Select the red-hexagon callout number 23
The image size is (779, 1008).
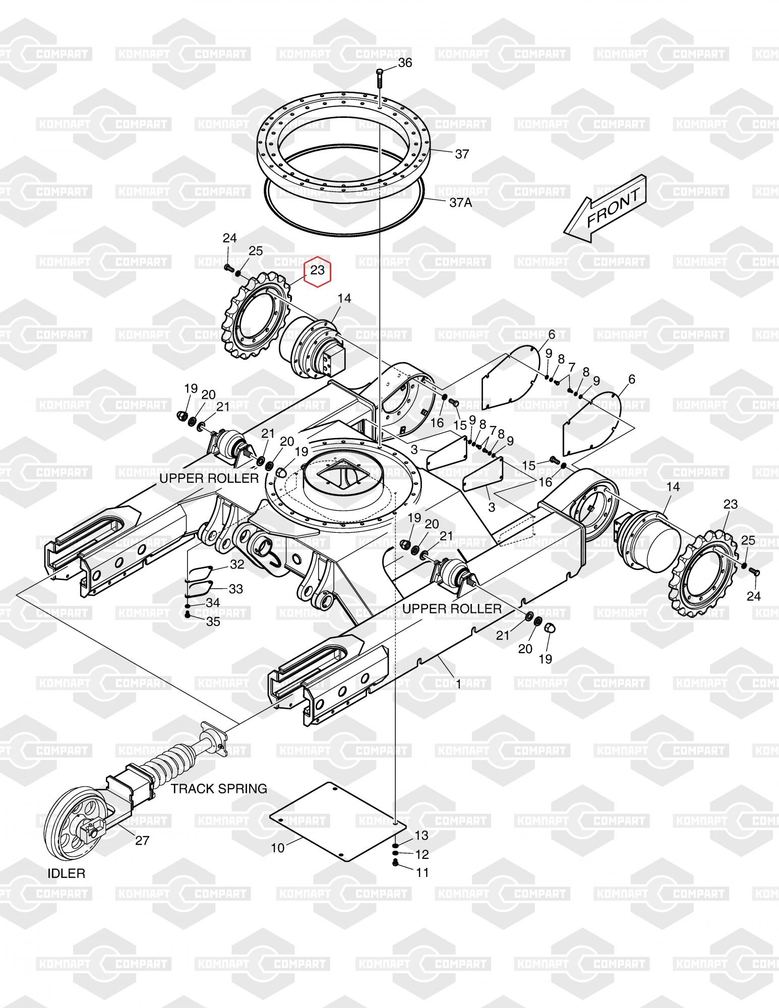click(318, 271)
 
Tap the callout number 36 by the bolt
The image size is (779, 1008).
click(405, 63)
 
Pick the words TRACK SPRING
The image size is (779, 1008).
click(219, 789)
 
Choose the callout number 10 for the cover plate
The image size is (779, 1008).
click(278, 848)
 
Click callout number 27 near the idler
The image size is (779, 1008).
click(143, 840)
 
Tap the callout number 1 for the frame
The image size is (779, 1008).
click(458, 684)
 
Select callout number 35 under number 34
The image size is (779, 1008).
click(213, 621)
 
